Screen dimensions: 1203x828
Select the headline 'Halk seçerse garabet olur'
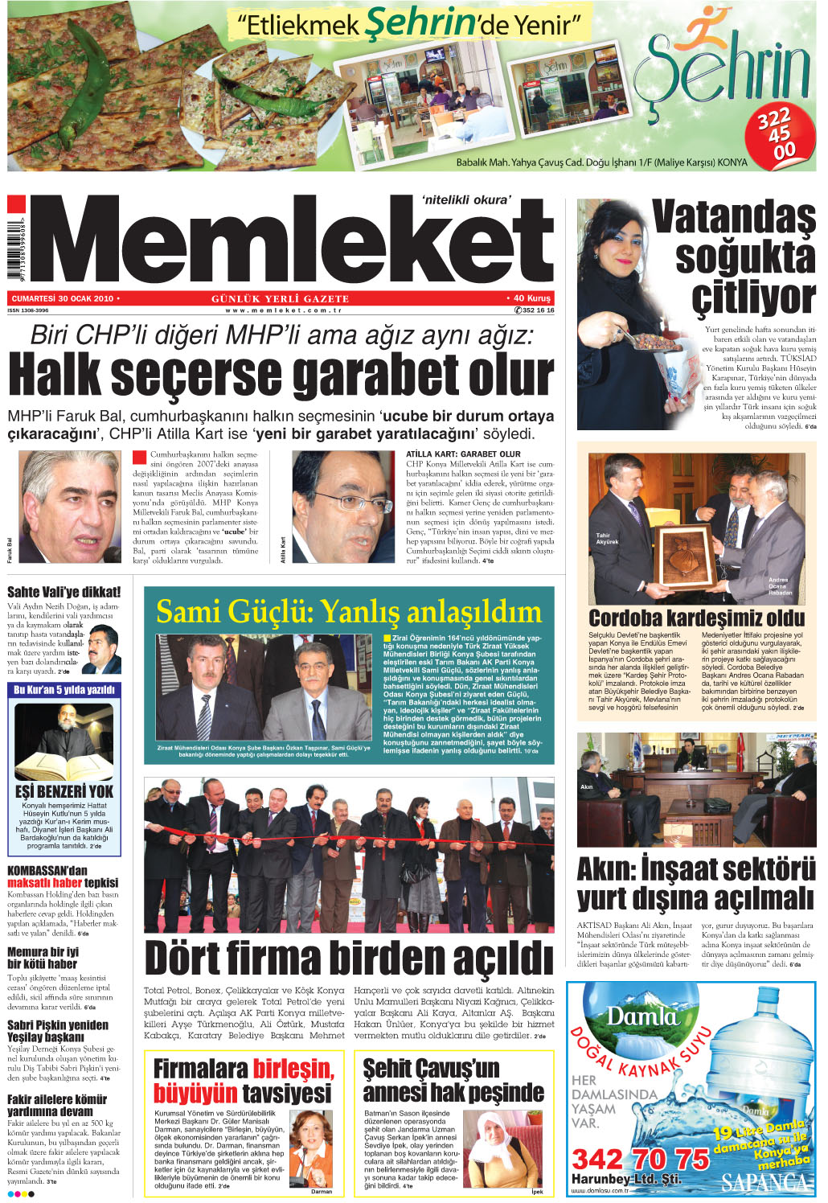tap(281, 376)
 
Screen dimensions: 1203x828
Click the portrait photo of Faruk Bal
tap(68, 507)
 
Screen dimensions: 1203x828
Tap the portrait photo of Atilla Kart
tap(342, 507)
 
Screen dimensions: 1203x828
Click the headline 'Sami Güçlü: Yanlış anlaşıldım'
tap(349, 612)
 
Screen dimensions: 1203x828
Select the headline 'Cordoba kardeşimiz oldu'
tap(696, 618)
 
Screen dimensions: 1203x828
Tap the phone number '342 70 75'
tap(641, 1160)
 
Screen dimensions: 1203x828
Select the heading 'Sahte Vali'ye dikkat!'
tap(64, 593)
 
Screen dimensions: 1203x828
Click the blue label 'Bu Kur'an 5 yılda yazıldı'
tap(64, 690)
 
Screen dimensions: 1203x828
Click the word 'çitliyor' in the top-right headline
tap(753, 298)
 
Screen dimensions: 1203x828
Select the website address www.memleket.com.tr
tap(284, 310)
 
